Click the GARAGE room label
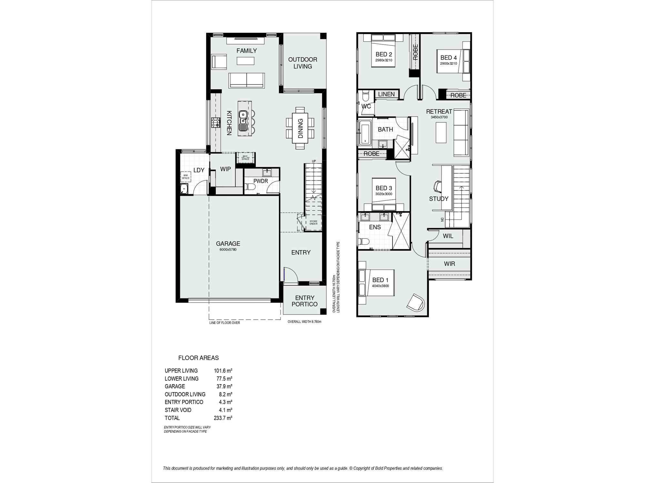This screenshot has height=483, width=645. pyautogui.click(x=228, y=244)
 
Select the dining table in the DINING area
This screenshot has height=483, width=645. pyautogui.click(x=300, y=128)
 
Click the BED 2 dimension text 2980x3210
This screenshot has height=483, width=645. pyautogui.click(x=383, y=60)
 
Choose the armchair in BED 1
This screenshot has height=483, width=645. pyautogui.click(x=416, y=303)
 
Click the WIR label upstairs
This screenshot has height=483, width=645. pyautogui.click(x=449, y=264)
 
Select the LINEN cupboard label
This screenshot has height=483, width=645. pyautogui.click(x=386, y=94)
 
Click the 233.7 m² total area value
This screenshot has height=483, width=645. pyautogui.click(x=223, y=418)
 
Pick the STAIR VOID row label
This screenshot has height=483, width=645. pyautogui.click(x=178, y=410)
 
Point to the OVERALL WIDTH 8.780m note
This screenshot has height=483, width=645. pyautogui.click(x=304, y=321)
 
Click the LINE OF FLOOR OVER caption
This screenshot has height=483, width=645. pyautogui.click(x=224, y=323)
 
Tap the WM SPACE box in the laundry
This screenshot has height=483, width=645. pyautogui.click(x=186, y=177)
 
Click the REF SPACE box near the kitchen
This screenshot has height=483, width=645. pyautogui.click(x=245, y=158)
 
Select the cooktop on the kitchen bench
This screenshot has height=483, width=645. pyautogui.click(x=215, y=122)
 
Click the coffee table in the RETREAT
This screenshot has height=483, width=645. pyautogui.click(x=441, y=133)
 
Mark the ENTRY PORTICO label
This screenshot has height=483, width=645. pyautogui.click(x=304, y=301)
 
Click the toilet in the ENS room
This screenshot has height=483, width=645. pyautogui.click(x=364, y=241)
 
